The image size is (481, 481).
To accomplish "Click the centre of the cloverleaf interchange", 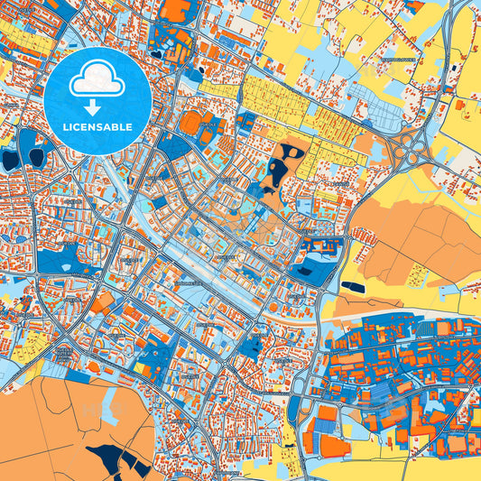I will (x=412, y=144).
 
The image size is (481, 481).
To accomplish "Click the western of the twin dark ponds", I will (x=11, y=160).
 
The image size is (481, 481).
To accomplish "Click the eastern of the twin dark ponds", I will (x=37, y=157).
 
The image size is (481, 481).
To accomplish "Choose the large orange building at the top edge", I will (x=177, y=10).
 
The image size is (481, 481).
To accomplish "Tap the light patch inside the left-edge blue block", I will (x=62, y=263).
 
